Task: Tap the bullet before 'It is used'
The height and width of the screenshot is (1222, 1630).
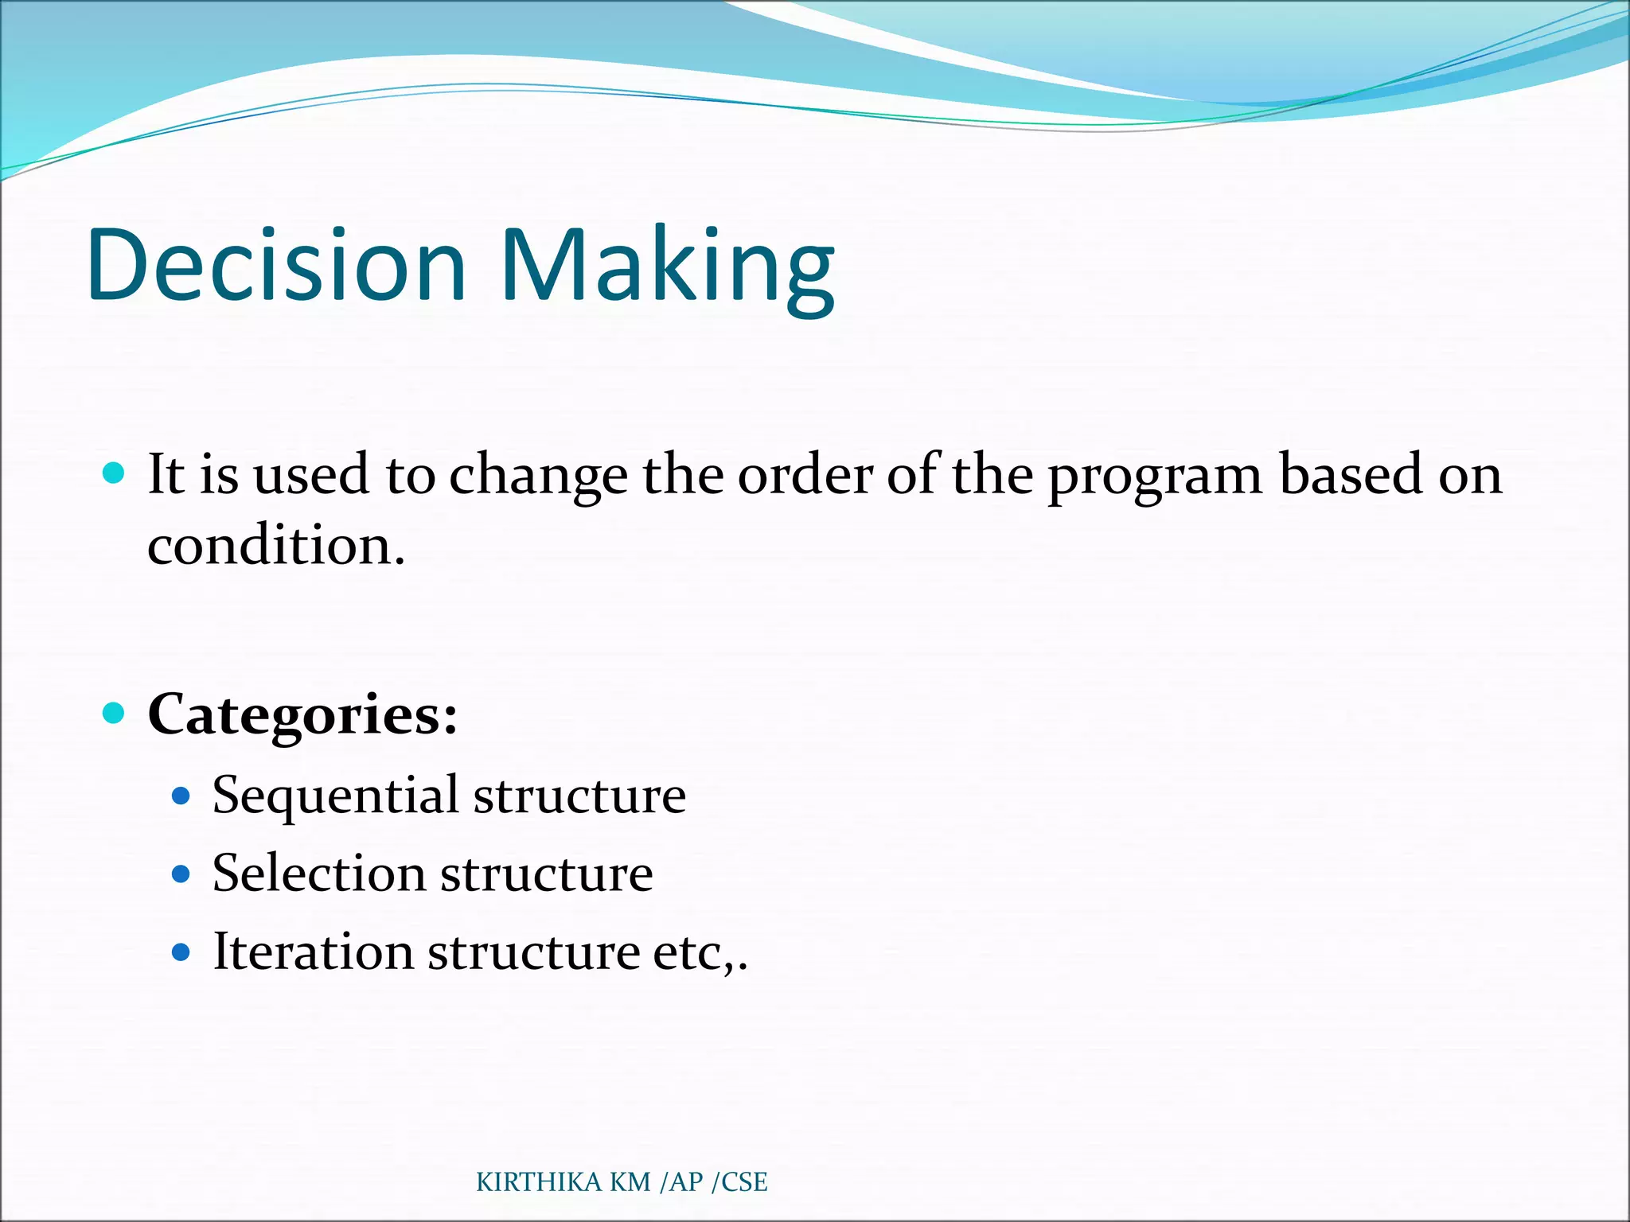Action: point(115,474)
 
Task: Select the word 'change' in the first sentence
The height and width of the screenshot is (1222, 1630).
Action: point(538,476)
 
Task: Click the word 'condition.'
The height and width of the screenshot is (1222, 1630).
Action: point(276,547)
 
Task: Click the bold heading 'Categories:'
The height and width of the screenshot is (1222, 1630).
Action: point(303,714)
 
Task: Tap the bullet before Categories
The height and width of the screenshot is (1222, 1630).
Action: point(115,713)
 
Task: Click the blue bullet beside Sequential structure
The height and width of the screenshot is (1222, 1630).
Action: point(181,796)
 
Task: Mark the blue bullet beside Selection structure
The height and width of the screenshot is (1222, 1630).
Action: point(181,874)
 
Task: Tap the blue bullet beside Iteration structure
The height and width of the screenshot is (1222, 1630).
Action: point(181,952)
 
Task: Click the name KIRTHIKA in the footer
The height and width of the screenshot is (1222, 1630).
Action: point(539,1182)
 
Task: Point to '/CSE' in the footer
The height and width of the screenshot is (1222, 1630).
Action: point(739,1182)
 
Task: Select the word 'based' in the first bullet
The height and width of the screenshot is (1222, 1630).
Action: point(1351,476)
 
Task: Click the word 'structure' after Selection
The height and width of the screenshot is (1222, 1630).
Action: point(547,874)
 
